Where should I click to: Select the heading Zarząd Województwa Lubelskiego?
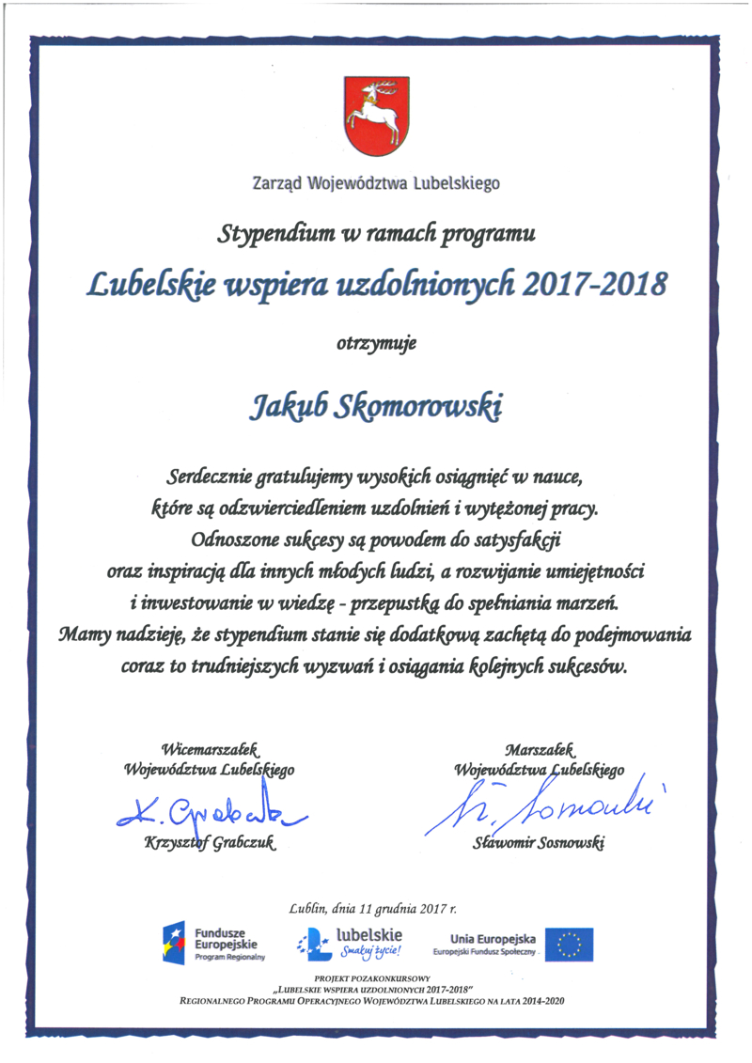click(x=376, y=182)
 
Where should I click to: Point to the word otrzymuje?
click(x=376, y=342)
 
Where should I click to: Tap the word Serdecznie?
click(x=211, y=477)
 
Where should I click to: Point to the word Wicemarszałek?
click(x=209, y=749)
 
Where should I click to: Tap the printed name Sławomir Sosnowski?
click(x=540, y=843)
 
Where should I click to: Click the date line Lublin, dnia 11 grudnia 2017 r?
click(x=375, y=909)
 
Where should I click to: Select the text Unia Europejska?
click(x=493, y=939)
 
